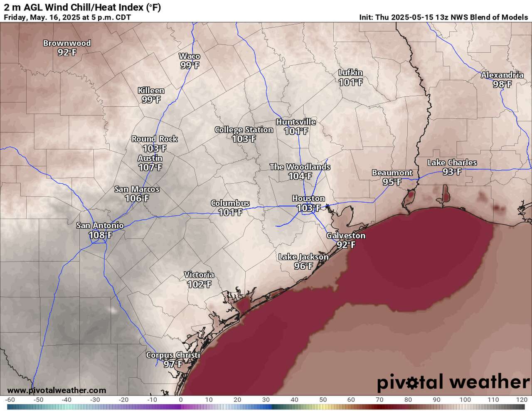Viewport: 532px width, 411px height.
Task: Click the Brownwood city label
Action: click(67, 43)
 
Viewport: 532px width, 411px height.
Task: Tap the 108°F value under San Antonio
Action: click(100, 235)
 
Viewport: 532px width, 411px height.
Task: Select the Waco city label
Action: click(190, 57)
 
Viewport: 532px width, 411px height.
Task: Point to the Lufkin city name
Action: click(350, 73)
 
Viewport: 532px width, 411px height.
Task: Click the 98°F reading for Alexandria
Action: click(502, 84)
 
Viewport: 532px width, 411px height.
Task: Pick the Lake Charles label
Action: click(452, 162)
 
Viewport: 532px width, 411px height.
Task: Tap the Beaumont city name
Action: click(392, 172)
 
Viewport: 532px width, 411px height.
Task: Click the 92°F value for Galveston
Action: click(346, 245)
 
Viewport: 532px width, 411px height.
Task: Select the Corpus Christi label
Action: click(173, 355)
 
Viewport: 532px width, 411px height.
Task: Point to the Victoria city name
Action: click(199, 275)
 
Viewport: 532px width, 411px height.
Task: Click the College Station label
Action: click(244, 130)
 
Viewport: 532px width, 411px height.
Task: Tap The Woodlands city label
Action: click(300, 167)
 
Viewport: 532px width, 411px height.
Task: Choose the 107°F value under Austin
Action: click(150, 167)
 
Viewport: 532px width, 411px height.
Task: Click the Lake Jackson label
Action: click(303, 257)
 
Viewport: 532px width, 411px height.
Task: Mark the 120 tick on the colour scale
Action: click(522, 400)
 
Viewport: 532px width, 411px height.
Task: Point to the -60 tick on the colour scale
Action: click(10, 400)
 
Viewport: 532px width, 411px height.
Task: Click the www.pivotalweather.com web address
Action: click(57, 390)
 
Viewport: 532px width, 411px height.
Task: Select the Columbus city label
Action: click(230, 203)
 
